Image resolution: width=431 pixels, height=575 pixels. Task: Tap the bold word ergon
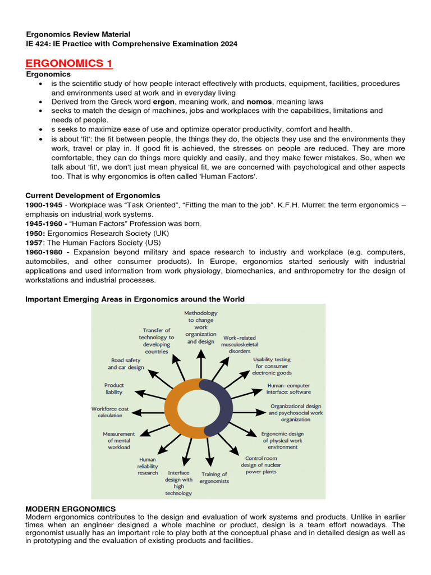coord(164,102)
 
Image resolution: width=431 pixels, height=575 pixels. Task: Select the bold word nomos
coord(260,102)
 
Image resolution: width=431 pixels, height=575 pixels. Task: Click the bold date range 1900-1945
coord(43,204)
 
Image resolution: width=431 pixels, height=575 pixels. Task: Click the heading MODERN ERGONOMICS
coord(71,509)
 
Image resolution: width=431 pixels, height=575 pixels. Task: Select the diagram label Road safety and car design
coord(126,364)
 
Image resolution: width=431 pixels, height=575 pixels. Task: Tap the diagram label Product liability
coord(114,389)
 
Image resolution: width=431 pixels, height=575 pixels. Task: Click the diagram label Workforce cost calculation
coord(110,412)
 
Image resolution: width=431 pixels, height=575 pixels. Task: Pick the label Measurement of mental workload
coord(119,440)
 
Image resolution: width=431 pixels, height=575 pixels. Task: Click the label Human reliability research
coord(148,466)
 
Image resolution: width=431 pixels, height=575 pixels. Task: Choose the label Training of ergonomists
coord(214,478)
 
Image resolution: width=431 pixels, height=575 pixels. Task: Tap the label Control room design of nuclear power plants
coord(261,465)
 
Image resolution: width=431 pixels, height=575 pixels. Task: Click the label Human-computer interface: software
coord(288,389)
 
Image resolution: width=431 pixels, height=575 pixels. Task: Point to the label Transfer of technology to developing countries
coord(157,341)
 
